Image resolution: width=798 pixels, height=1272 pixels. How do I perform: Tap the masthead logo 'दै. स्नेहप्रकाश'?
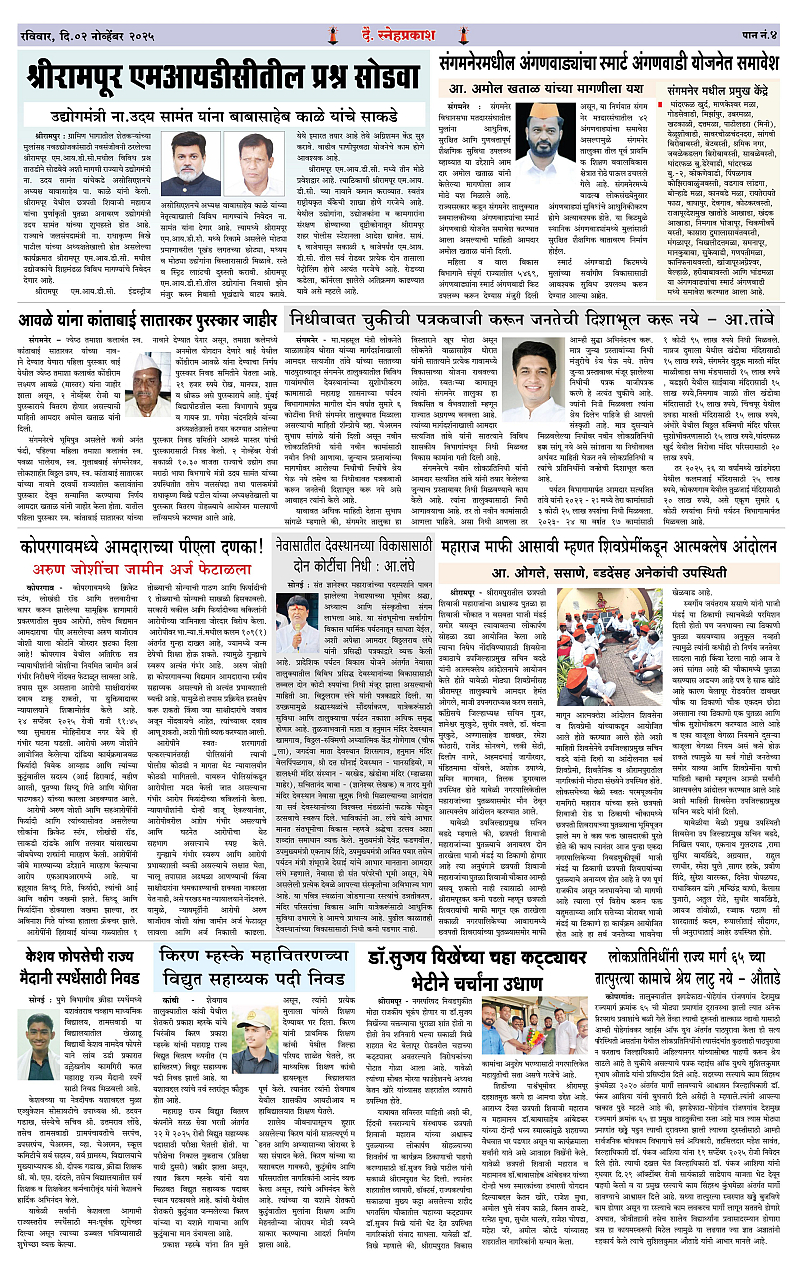[x=399, y=15]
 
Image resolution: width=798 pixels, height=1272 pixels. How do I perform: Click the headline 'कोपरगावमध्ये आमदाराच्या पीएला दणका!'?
[x=140, y=547]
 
